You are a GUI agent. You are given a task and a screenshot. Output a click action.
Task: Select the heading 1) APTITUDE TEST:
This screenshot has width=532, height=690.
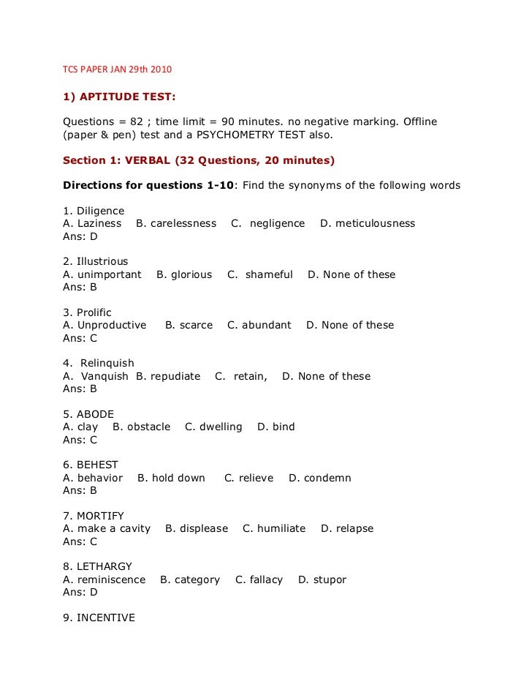119,96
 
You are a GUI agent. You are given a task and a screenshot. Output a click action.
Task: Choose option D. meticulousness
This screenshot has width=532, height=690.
368,223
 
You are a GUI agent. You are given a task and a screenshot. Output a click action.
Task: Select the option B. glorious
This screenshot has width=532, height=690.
184,274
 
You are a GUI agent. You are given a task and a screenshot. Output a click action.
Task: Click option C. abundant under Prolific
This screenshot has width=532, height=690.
259,325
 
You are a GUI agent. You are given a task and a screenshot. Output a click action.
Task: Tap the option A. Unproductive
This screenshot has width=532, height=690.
104,325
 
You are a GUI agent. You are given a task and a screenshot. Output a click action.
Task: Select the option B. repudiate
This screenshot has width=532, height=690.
168,376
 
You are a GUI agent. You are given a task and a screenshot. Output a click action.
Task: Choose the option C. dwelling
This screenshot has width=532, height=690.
213,427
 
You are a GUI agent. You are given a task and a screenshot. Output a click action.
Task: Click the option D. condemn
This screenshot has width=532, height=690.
320,478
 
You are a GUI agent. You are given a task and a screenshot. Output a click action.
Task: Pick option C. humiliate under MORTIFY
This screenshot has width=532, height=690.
274,528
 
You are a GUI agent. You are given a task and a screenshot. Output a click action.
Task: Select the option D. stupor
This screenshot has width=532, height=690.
322,580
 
